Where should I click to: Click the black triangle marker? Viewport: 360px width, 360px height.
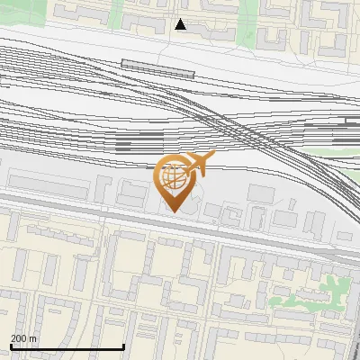[181, 24]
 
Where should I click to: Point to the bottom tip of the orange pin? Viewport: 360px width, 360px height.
[173, 211]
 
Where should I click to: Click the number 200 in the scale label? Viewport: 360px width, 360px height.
[18, 338]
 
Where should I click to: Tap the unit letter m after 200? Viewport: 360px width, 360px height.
[33, 338]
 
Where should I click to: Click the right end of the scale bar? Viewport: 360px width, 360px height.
[123, 346]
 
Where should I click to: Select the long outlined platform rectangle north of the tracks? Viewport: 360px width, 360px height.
[158, 67]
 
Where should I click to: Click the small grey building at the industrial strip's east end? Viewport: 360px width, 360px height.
[347, 235]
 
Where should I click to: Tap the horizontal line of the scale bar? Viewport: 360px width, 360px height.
[67, 346]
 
